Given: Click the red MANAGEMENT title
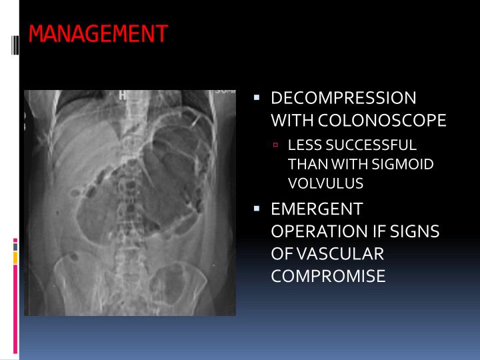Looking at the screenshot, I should click(x=98, y=33).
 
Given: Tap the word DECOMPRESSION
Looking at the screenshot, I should click(x=343, y=99).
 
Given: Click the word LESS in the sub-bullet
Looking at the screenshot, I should click(x=301, y=145).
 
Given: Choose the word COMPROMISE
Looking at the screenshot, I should click(x=328, y=275).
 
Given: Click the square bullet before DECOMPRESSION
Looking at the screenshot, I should click(x=257, y=98).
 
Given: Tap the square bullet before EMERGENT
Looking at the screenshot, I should click(x=257, y=209).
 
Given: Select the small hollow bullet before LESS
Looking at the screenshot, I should click(x=275, y=145).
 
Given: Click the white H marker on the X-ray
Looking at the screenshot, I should click(x=122, y=95).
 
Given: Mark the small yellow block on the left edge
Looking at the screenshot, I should click(x=15, y=257).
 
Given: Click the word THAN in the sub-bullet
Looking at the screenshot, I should click(x=303, y=164).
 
